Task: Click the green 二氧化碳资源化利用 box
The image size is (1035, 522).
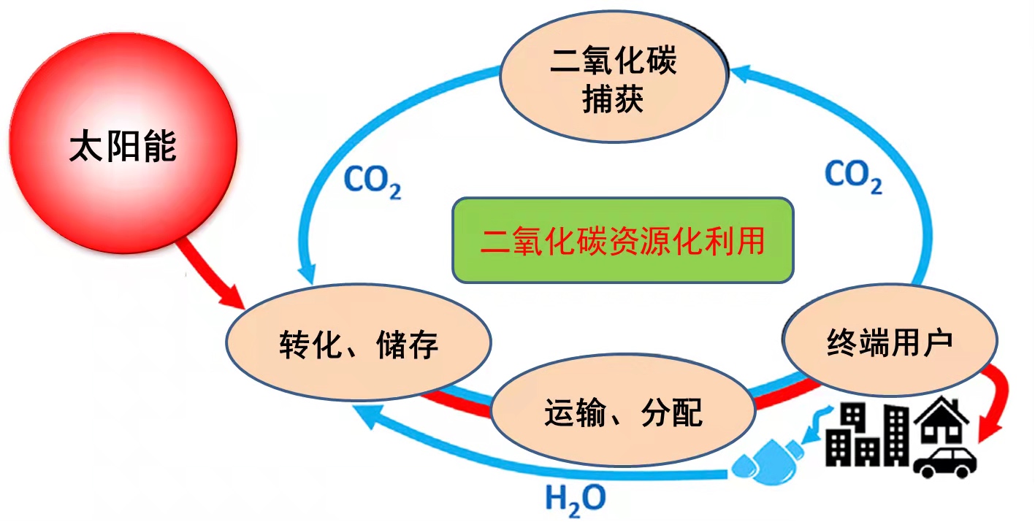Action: pyautogui.click(x=622, y=239)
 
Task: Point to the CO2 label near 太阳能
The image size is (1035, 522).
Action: pyautogui.click(x=373, y=181)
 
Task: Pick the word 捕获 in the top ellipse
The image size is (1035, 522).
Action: pyautogui.click(x=614, y=100)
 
